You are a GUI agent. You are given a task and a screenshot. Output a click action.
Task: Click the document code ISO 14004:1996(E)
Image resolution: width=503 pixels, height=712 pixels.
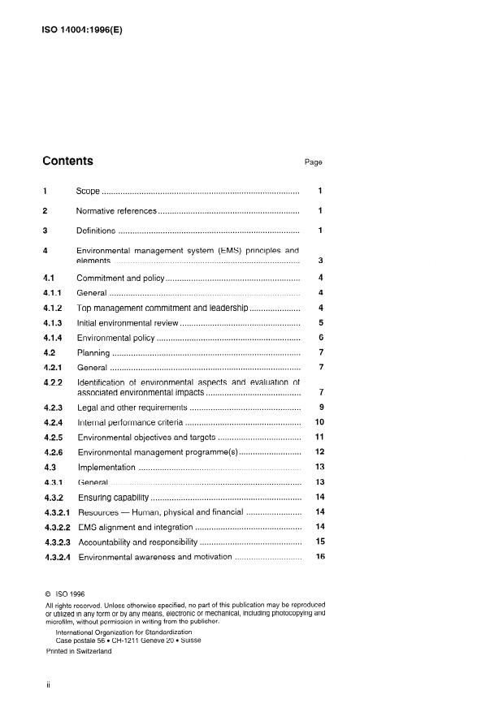(x=81, y=31)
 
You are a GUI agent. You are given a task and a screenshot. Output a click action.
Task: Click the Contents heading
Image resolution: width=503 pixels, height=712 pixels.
(x=67, y=161)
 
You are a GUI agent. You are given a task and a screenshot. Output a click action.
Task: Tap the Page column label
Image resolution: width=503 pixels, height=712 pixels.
(x=314, y=162)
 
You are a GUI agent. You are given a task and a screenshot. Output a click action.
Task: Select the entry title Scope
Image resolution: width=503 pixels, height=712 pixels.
(x=88, y=191)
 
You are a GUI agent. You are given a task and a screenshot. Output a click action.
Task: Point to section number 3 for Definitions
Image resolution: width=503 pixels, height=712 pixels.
(x=45, y=231)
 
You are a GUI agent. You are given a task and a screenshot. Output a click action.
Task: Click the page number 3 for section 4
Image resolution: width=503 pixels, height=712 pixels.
(x=321, y=261)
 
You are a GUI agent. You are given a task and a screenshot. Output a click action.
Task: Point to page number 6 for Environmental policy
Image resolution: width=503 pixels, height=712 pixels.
(x=321, y=337)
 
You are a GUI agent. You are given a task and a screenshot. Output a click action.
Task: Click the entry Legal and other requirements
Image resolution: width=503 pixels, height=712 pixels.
(x=132, y=407)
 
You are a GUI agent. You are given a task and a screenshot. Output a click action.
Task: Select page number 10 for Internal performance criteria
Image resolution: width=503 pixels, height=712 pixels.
(x=319, y=422)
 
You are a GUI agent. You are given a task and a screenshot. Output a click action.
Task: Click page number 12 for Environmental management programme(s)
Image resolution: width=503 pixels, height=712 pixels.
(x=319, y=451)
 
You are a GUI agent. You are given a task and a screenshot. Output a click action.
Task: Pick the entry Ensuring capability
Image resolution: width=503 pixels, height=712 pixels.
(x=113, y=497)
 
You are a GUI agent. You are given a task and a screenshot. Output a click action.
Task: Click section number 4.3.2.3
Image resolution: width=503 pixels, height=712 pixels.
(x=57, y=542)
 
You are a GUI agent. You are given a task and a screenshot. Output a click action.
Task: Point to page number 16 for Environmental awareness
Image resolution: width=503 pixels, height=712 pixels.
(x=319, y=557)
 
